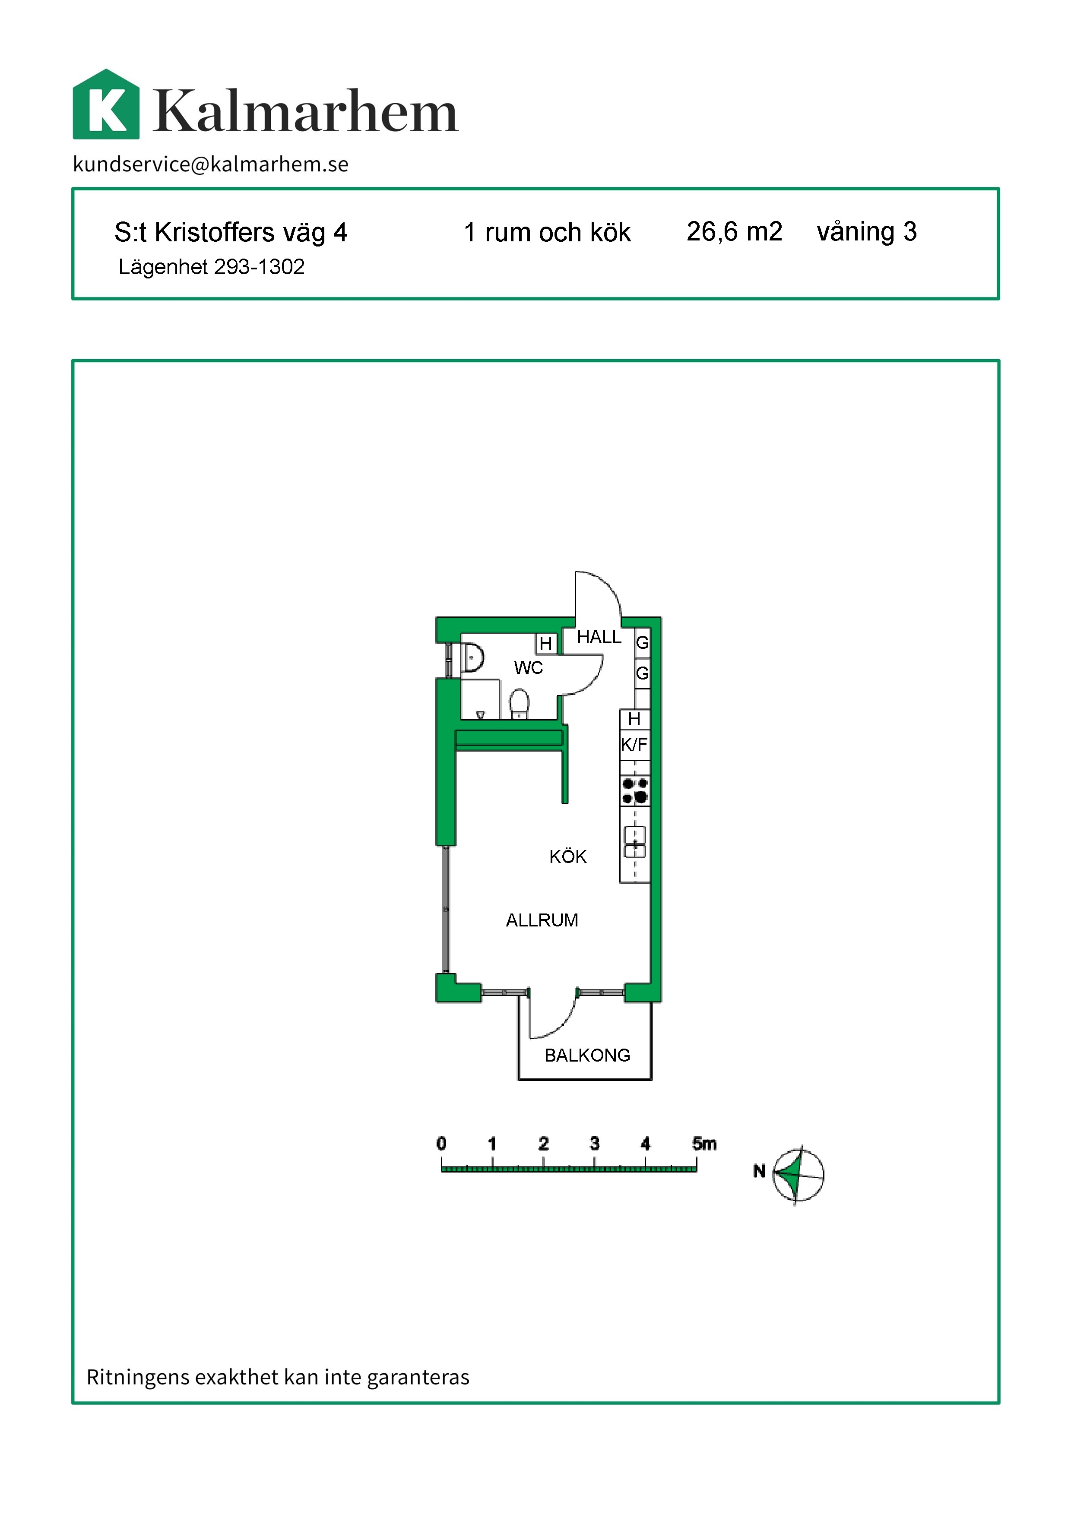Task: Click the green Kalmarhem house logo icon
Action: pos(106,104)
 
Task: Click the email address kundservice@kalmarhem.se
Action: pos(211,164)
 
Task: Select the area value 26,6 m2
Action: pos(734,232)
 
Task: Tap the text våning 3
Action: pos(867,233)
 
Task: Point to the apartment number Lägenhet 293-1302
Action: pos(211,267)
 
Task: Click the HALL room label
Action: pos(599,637)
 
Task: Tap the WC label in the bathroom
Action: pos(528,668)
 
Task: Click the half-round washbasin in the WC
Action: pos(473,657)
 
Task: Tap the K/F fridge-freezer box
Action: pos(634,744)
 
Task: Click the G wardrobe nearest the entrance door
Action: pos(642,642)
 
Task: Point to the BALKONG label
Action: pos(587,1056)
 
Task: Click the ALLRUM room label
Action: pos(542,920)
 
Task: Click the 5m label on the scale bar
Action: pos(704,1144)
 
